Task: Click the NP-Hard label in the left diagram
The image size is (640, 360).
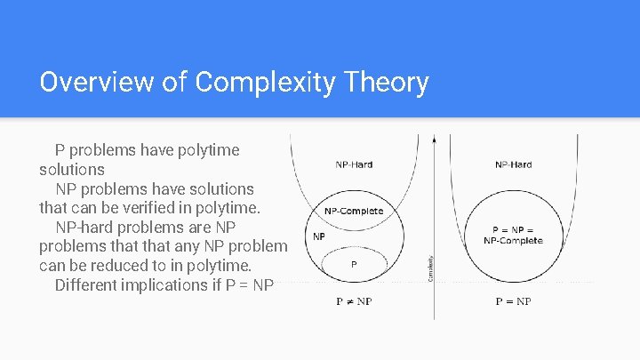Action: [354, 164]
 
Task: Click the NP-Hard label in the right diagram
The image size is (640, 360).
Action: [514, 164]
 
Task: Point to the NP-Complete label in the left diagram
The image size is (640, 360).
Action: [354, 212]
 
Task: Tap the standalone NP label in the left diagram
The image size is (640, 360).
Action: [319, 236]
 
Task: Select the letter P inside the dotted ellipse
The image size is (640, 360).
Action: [354, 264]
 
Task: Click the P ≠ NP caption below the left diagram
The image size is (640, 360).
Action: [354, 301]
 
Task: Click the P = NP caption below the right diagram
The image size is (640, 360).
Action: [513, 301]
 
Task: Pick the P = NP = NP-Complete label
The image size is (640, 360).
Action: [513, 236]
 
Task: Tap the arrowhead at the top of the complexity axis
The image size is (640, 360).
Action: [434, 139]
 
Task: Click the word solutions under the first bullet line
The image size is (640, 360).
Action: [72, 169]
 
